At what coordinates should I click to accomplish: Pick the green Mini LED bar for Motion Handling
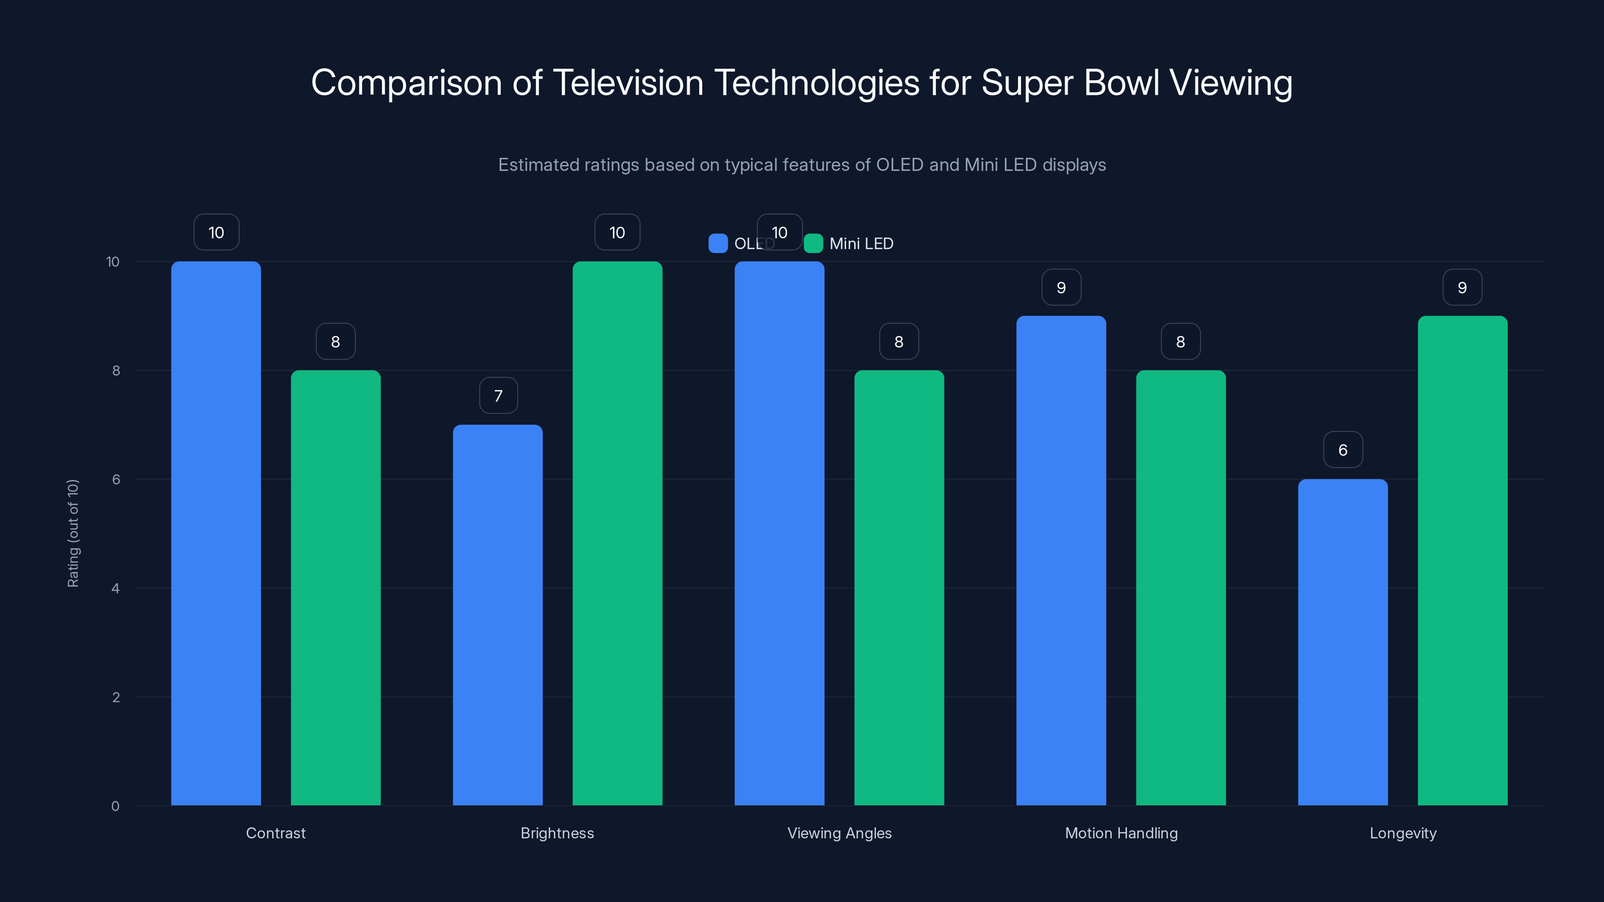click(x=1180, y=588)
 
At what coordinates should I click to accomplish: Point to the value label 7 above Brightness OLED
click(x=498, y=396)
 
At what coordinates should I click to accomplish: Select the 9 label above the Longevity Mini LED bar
click(x=1462, y=288)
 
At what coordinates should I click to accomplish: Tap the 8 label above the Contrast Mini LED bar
click(x=336, y=342)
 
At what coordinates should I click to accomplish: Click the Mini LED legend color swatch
click(x=813, y=244)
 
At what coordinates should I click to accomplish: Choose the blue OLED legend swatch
click(x=718, y=244)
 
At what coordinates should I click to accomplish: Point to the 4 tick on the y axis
click(x=115, y=588)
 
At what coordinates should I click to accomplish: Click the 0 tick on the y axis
click(x=115, y=806)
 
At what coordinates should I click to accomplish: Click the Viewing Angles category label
click(x=840, y=833)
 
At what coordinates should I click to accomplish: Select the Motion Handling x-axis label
click(x=1121, y=833)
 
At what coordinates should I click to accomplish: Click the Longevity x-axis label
click(x=1403, y=833)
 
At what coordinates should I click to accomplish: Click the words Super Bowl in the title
click(x=1070, y=82)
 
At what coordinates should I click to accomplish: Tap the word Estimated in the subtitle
click(x=537, y=165)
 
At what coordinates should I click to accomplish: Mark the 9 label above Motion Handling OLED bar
click(x=1061, y=288)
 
